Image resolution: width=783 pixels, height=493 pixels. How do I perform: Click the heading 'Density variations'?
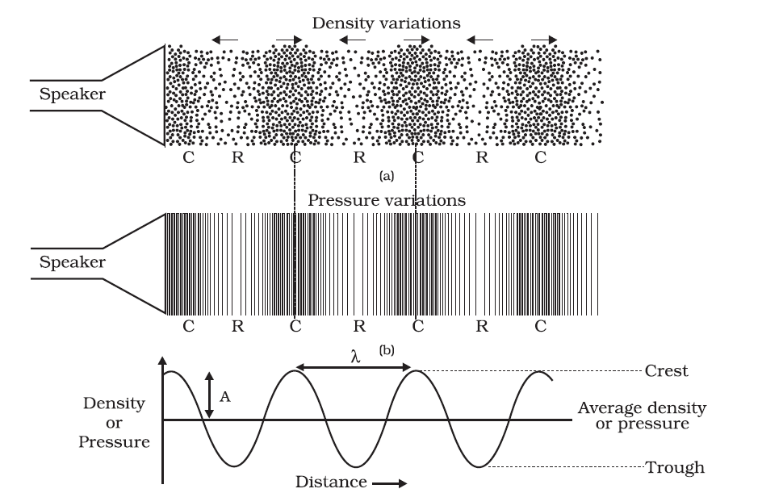point(386,23)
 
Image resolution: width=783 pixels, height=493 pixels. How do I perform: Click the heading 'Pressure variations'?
point(387,200)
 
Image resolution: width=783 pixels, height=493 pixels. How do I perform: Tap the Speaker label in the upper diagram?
point(73,94)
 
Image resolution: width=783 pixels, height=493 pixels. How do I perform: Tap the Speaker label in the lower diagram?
point(73,262)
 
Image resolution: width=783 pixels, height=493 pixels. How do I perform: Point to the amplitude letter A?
point(225,396)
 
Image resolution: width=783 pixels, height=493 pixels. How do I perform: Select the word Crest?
point(667,371)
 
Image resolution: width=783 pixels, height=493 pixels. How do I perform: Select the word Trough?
point(674,467)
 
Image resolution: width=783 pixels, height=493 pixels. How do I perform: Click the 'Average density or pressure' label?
point(642,416)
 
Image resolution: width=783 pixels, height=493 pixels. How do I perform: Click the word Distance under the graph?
point(330,482)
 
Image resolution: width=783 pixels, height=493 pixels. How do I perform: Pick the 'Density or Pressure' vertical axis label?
point(115,422)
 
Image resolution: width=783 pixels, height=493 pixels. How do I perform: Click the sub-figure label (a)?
point(386,175)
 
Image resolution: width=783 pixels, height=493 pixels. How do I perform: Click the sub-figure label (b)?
point(386,350)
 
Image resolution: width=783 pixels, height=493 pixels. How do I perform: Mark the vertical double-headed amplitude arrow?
point(209,395)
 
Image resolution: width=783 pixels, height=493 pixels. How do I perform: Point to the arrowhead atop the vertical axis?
point(164,362)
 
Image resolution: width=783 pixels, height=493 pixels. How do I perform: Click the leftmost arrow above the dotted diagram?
point(225,39)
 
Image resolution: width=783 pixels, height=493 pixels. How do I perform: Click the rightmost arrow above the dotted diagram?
point(544,39)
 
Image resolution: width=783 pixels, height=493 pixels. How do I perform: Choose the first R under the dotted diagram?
point(237,157)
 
